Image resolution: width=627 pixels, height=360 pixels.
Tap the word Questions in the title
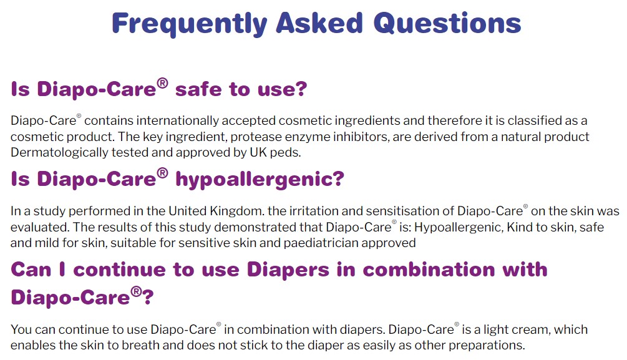(x=447, y=23)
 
